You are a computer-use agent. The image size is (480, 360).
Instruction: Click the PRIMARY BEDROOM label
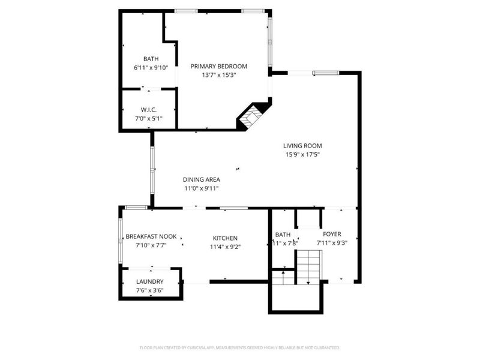218,66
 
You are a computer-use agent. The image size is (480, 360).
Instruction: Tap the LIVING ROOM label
303,145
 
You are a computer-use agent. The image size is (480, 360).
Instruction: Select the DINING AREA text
202,179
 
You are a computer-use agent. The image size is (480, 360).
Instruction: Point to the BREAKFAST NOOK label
151,236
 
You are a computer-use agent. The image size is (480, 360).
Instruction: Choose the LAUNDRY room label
149,282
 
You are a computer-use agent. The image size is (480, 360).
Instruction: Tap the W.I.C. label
149,110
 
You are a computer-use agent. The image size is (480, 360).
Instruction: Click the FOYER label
332,234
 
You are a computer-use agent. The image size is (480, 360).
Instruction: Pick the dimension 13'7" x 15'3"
218,75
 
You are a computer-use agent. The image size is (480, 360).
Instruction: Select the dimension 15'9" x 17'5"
303,154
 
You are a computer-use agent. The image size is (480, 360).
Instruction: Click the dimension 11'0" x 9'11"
202,188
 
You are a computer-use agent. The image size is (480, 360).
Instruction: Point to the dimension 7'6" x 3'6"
149,291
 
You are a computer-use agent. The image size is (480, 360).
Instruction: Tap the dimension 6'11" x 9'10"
151,68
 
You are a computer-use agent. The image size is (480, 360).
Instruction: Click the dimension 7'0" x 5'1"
149,118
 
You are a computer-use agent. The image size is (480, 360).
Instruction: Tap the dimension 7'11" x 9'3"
332,243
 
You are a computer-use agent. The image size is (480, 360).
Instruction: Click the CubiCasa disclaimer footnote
240,347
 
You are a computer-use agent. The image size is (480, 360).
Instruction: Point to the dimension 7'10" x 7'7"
151,245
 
